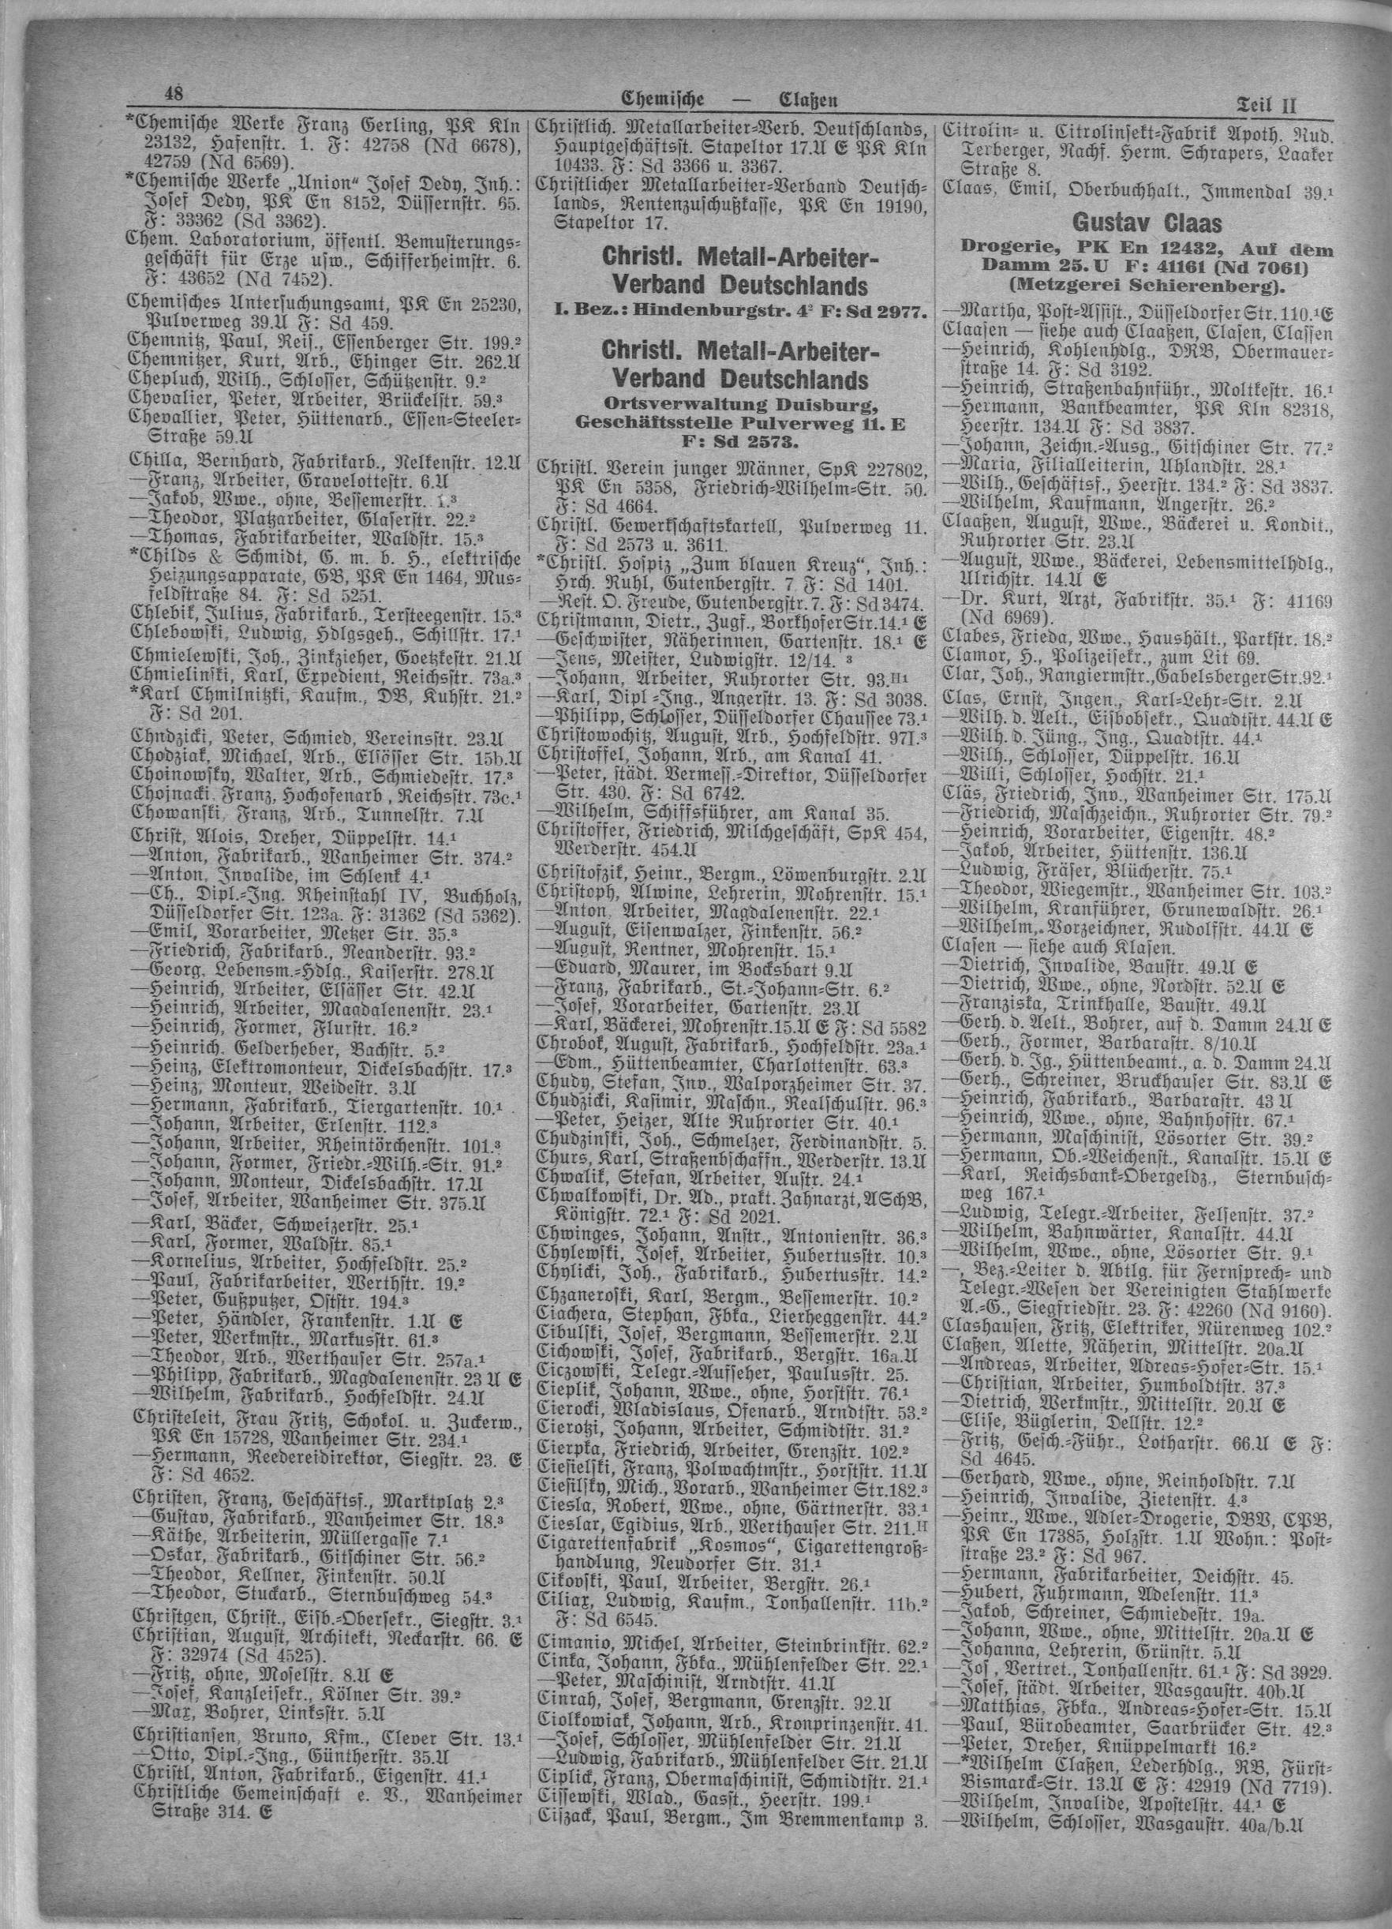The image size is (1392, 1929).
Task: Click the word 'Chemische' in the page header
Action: (x=664, y=99)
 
